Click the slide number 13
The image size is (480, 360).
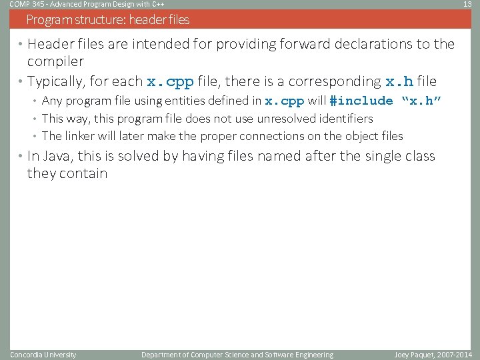pyautogui.click(x=467, y=4)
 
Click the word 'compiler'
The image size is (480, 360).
pyautogui.click(x=55, y=61)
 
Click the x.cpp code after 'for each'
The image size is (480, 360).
pyautogui.click(x=170, y=82)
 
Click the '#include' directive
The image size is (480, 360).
pyautogui.click(x=361, y=101)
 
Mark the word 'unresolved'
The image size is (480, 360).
pyautogui.click(x=287, y=119)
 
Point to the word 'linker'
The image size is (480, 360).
pyautogui.click(x=83, y=136)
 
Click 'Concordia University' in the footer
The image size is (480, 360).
pyautogui.click(x=43, y=355)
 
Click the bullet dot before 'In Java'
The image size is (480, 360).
pyautogui.click(x=20, y=156)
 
